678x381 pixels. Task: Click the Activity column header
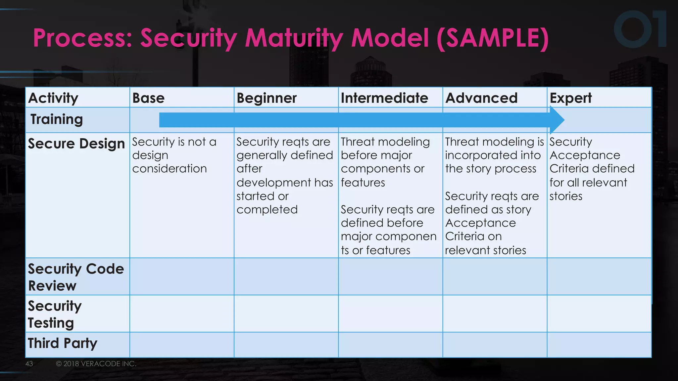coord(53,98)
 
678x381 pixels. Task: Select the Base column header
coord(148,98)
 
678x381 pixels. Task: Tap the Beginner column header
coord(266,98)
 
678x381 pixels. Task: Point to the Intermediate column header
coord(384,98)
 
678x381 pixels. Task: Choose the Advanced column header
coord(481,98)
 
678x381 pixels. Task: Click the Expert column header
coord(570,98)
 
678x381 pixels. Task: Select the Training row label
coord(56,119)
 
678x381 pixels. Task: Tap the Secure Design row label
coord(76,144)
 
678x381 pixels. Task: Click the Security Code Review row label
coord(76,277)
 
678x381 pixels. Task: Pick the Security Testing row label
coord(55,314)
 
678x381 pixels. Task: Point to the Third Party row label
coord(63,343)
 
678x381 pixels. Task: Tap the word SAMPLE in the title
coord(493,38)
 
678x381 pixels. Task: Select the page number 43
coord(29,364)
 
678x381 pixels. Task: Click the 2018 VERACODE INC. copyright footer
coord(96,364)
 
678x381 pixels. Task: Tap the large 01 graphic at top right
coord(640,29)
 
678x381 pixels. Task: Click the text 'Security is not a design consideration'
coord(174,155)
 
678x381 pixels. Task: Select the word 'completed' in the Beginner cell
coord(267,209)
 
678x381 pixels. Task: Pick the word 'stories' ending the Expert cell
coord(566,196)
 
